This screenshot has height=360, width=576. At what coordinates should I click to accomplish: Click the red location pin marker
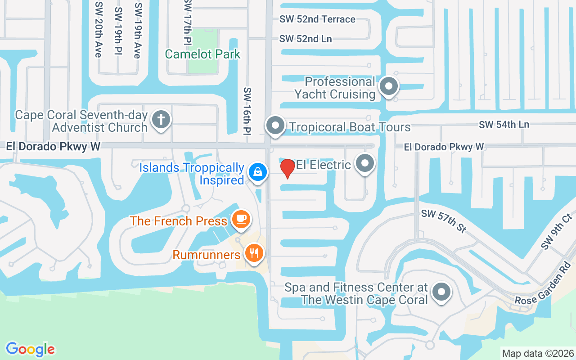click(288, 168)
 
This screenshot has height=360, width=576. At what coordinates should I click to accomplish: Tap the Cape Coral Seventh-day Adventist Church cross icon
click(161, 120)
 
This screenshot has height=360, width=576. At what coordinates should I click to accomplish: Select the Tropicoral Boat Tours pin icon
click(275, 126)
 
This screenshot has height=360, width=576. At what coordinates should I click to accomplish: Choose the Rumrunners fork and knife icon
click(254, 253)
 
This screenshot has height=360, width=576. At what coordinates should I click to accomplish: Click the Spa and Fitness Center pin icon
click(441, 292)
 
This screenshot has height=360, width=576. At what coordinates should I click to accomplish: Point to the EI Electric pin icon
click(365, 164)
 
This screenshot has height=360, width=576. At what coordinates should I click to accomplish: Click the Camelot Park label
click(202, 54)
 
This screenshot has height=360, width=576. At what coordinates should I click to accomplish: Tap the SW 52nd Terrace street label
click(317, 19)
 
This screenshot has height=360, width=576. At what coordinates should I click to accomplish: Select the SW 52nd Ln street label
click(306, 39)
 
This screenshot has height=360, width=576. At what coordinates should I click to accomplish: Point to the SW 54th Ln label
click(504, 125)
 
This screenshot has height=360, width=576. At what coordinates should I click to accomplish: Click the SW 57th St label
click(444, 220)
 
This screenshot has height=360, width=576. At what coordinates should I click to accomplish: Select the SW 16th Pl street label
click(247, 111)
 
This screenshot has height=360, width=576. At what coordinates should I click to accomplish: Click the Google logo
click(30, 349)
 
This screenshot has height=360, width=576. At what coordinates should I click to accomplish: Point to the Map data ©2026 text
click(538, 353)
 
